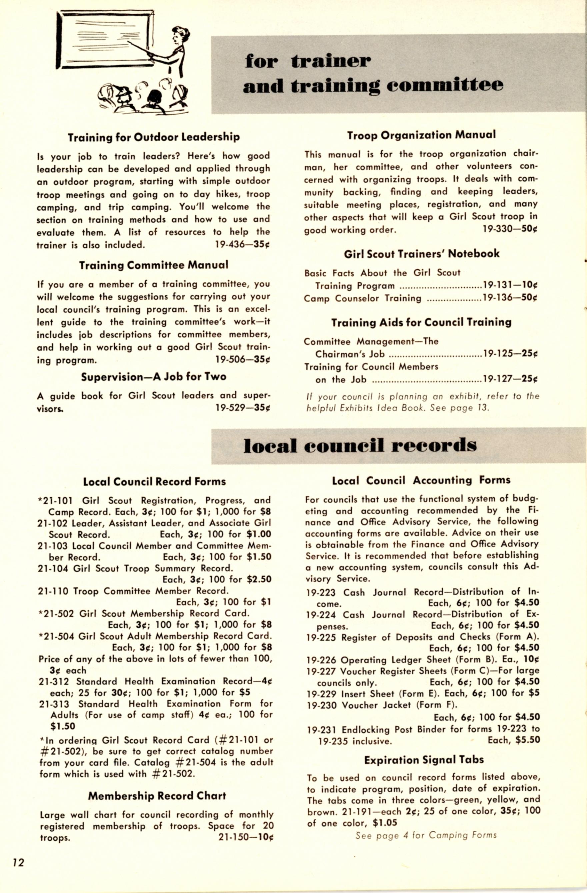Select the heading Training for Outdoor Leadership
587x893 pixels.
[154, 137]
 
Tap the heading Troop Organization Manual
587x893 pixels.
[421, 135]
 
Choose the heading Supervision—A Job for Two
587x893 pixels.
[154, 377]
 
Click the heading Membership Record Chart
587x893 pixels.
[157, 796]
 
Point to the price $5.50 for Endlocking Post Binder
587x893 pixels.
[527, 739]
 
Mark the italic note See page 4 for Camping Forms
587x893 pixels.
[426, 835]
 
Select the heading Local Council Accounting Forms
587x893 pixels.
[421, 481]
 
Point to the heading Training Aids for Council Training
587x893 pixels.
[421, 323]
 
